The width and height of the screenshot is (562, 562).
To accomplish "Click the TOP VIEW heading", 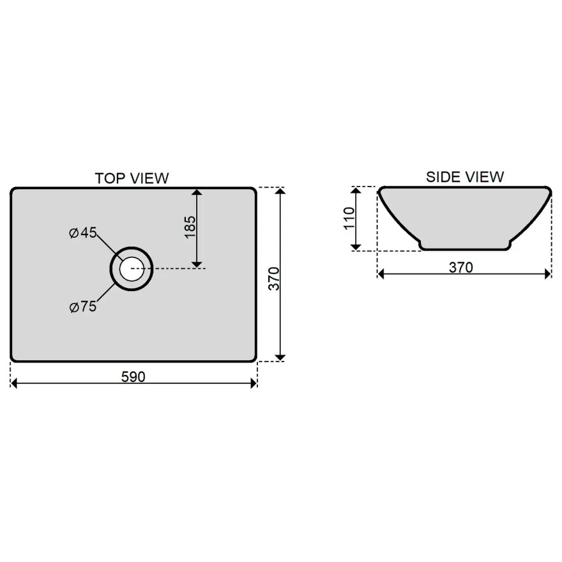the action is pos(132,178).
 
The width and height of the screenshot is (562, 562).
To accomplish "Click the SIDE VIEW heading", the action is pos(465,177).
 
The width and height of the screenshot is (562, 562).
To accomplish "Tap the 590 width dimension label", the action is pos(133,377).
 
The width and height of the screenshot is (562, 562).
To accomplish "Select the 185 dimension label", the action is pos(190,227).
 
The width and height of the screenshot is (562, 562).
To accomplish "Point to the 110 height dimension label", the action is pos(349,218).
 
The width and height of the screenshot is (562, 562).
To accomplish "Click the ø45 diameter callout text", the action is pos(83,232).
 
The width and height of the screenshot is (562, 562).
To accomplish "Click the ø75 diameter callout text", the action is pos(83,307).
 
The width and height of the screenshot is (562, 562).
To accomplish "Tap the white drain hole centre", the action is pos(132,268).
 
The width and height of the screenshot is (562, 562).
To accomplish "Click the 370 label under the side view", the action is pos(461,268).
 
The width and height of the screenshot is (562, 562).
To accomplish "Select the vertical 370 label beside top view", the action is pos(274,278).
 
